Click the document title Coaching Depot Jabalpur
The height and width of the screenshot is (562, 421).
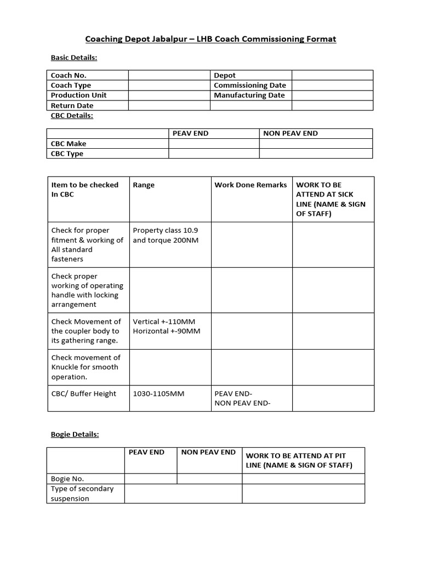point(210,39)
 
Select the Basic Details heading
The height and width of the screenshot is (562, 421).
point(74,57)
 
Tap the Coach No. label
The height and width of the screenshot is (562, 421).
point(69,75)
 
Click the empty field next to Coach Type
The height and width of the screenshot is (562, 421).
point(169,85)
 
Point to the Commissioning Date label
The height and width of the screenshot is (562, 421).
point(249,85)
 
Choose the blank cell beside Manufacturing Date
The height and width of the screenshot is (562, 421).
point(332,95)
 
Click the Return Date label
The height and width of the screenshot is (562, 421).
point(72,105)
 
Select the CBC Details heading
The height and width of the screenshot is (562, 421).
point(72,115)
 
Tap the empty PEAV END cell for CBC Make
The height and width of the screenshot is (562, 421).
point(213,144)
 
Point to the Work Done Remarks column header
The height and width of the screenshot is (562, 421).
point(250,185)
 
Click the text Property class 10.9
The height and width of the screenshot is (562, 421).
point(166,231)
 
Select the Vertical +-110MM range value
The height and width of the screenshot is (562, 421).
point(164,322)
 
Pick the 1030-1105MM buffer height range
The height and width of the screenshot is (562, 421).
point(158,394)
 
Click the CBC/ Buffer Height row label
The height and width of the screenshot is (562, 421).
point(83,394)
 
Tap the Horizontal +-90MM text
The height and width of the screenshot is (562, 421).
point(167,331)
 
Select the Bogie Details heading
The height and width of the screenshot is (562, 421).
point(75,434)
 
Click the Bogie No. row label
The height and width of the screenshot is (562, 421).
point(67,479)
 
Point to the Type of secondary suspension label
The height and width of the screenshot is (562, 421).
point(82,493)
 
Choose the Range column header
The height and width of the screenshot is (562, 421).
point(144,185)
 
